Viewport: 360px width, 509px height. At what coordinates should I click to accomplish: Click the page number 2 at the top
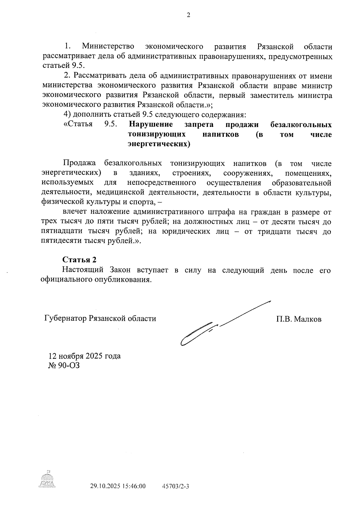pos(188,16)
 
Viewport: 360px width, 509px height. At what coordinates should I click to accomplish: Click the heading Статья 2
pos(79,260)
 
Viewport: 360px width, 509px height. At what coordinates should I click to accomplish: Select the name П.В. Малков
pos(298,319)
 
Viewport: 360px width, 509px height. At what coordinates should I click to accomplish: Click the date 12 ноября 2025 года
pos(85,356)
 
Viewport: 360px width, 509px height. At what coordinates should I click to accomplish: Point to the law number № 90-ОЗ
pos(64,366)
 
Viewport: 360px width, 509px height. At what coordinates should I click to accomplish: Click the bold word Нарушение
pos(151,124)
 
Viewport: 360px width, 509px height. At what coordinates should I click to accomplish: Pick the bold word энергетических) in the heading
pos(159,144)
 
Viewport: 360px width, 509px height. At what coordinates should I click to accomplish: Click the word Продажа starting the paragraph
pos(79,163)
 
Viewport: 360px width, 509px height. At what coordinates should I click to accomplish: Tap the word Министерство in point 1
pos(108,46)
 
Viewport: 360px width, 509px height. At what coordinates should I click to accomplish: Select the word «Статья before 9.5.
pos(78,124)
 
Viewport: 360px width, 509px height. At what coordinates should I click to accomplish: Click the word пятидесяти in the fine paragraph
pos(61,241)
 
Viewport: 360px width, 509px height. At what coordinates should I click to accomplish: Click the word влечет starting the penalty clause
pos(75,212)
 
